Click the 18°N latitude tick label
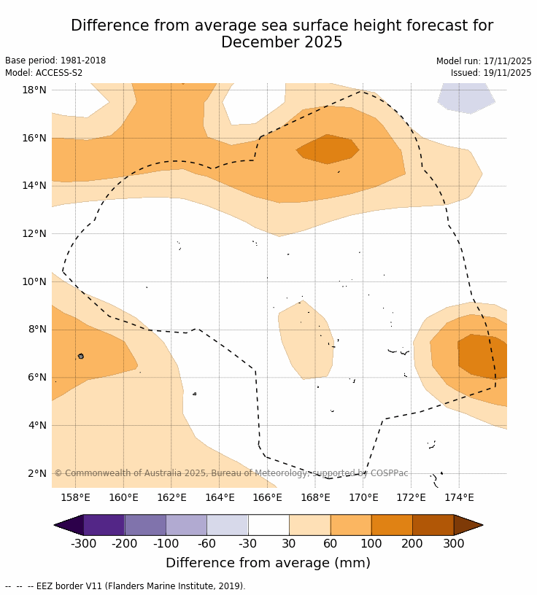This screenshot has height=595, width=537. pos(34,90)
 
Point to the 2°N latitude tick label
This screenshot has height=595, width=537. pos(37,473)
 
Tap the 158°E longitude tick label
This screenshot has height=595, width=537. pos(75,498)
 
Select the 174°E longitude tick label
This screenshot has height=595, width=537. pos(459,498)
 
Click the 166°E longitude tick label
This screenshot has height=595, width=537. pos(267,498)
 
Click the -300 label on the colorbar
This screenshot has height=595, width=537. pos(83,544)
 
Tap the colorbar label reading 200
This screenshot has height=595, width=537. pos(412,544)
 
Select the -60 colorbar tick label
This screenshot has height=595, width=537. pos(206,544)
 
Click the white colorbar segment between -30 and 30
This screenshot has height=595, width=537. pos(268,525)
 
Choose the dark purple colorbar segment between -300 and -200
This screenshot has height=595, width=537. pos(104,525)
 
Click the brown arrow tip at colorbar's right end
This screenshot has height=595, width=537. pos(468,525)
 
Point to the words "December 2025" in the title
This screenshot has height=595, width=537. pos(282,43)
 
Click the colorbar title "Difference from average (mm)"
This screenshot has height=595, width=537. pos(268,563)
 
